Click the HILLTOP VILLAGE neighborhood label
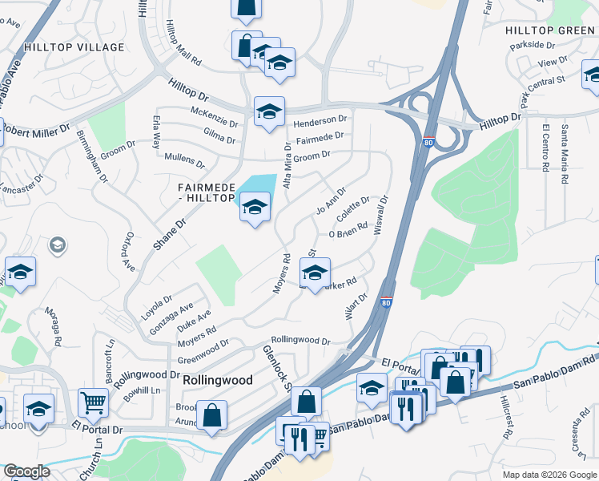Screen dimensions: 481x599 click(74, 47)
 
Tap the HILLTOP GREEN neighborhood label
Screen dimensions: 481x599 click(549, 30)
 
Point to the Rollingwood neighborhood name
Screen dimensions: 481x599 click(218, 380)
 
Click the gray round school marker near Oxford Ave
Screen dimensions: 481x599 click(58, 245)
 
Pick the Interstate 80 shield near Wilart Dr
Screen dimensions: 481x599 click(387, 302)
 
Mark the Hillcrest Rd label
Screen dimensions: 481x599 click(505, 418)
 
